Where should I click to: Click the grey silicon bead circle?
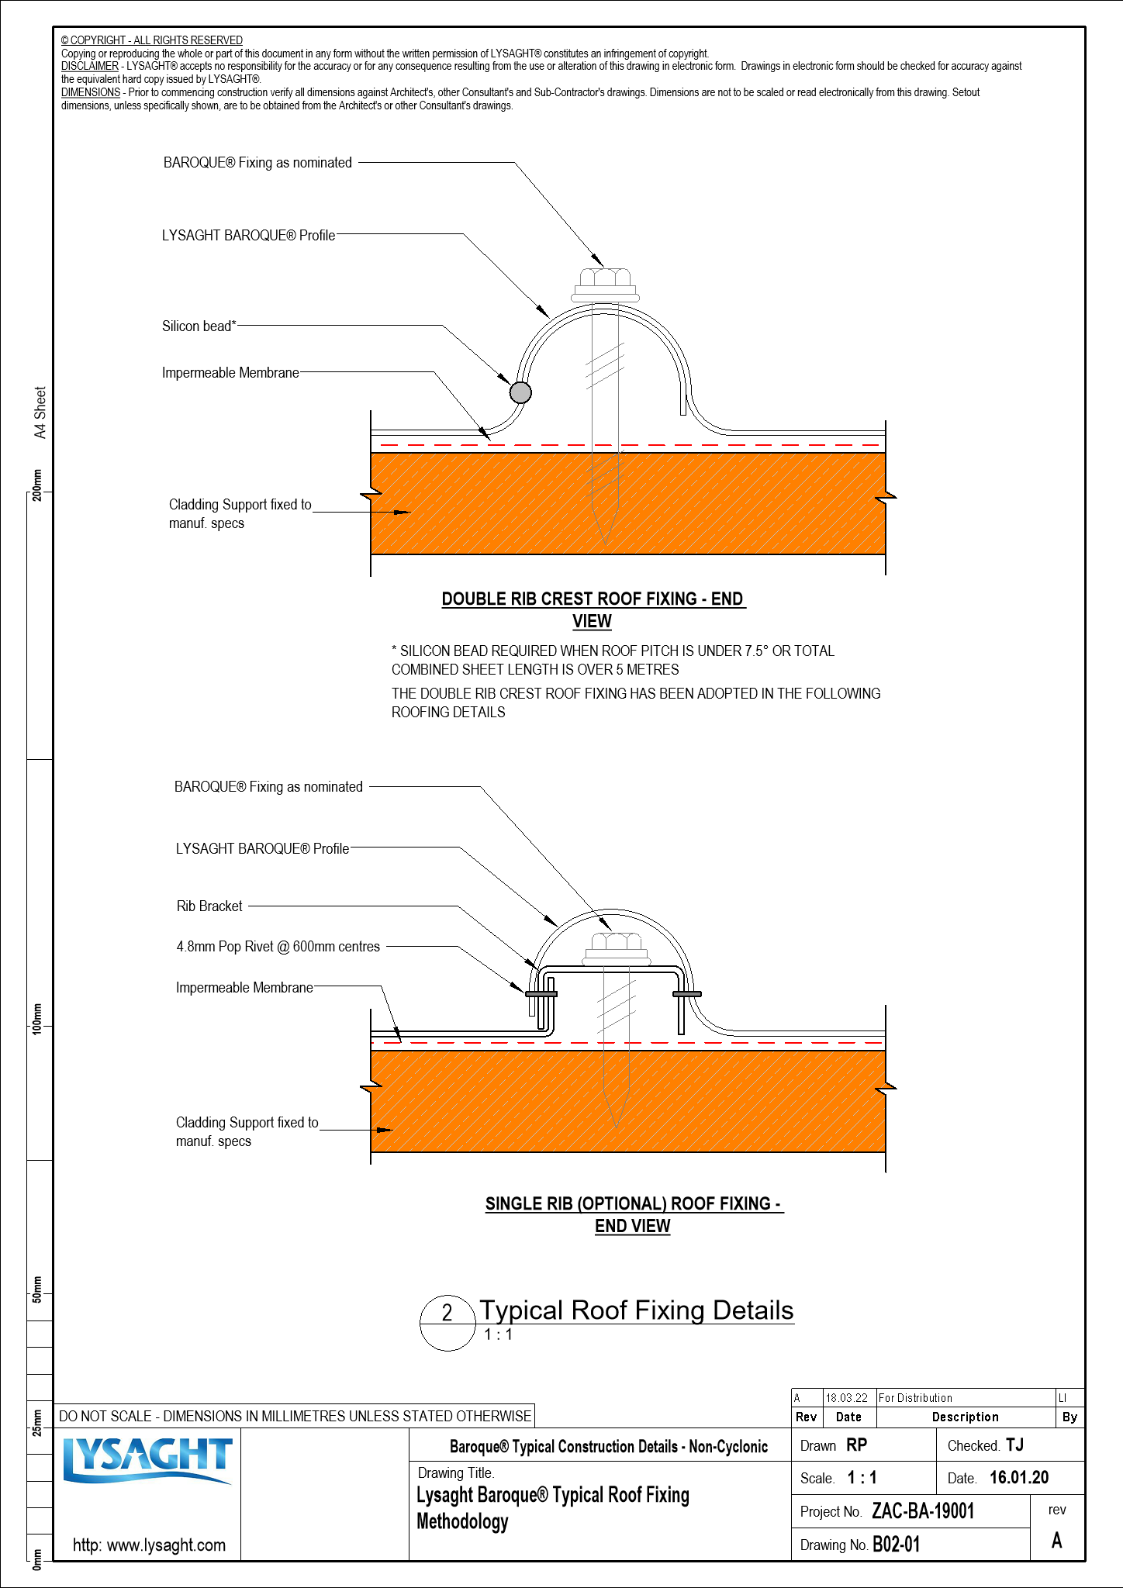click(520, 392)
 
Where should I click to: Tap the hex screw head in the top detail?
click(605, 280)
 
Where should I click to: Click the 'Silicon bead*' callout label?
click(199, 326)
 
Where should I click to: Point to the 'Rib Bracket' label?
click(209, 906)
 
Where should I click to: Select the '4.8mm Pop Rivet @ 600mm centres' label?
click(278, 947)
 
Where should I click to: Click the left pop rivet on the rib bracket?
click(541, 994)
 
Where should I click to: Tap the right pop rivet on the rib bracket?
click(686, 994)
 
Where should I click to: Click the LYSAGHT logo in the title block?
click(147, 1461)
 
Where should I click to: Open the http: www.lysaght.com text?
click(149, 1545)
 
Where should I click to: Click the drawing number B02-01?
click(896, 1545)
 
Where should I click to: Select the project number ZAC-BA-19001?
click(923, 1511)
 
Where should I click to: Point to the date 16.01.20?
click(1019, 1478)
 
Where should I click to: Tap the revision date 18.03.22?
click(846, 1398)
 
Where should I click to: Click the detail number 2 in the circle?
click(447, 1313)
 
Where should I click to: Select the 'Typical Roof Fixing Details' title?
click(636, 1310)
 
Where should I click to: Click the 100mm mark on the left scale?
click(36, 1018)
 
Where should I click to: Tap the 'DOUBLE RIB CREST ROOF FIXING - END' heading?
click(593, 599)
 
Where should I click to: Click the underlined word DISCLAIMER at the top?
click(90, 67)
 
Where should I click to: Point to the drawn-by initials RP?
click(856, 1445)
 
